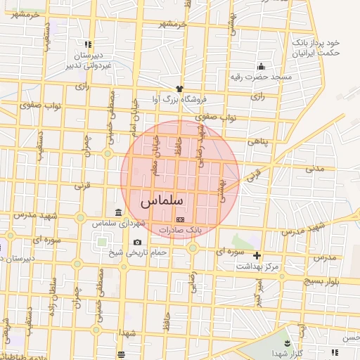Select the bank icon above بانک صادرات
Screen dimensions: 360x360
click(x=179, y=219)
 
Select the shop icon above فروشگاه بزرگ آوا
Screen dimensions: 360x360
click(x=179, y=89)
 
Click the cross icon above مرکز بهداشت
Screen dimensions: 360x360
click(x=257, y=255)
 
